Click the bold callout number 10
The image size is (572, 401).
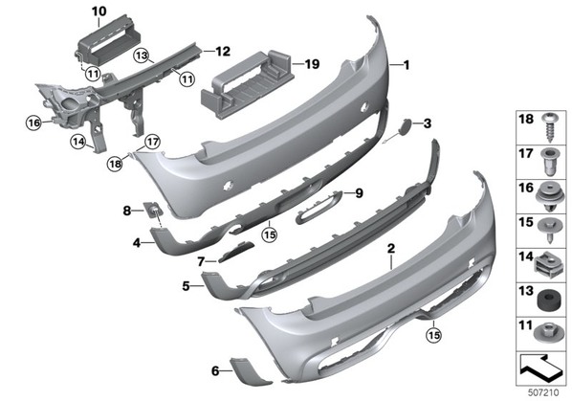[x=99, y=11]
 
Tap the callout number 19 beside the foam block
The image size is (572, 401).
[x=312, y=64]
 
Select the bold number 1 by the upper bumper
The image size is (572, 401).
[x=406, y=65]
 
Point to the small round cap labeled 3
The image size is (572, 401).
[x=406, y=125]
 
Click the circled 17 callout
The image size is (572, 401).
[x=152, y=142]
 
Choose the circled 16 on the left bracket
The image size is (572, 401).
[x=33, y=123]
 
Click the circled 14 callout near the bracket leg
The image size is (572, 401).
[x=78, y=142]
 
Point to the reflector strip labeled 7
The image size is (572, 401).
[x=235, y=252]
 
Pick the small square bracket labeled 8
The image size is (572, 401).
[x=151, y=209]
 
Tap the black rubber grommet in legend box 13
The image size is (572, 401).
[x=547, y=300]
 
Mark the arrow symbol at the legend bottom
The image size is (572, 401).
[x=540, y=368]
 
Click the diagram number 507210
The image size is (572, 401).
[x=543, y=392]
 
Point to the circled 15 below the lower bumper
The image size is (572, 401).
[x=434, y=335]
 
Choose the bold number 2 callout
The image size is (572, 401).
[x=391, y=249]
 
